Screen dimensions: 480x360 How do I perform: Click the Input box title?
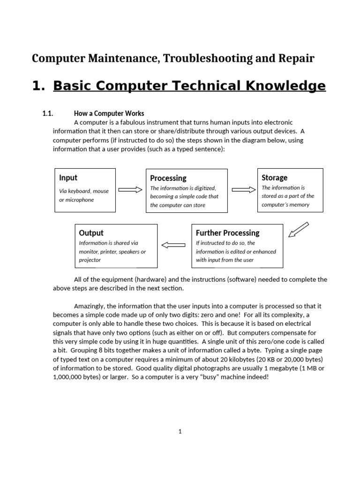pyautogui.click(x=68, y=178)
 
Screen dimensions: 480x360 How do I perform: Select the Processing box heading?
pyautogui.click(x=168, y=178)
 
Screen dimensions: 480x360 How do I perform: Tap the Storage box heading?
pyautogui.click(x=274, y=178)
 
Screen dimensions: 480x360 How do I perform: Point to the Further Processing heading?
pyautogui.click(x=227, y=233)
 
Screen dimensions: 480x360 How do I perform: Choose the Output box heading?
pyautogui.click(x=91, y=233)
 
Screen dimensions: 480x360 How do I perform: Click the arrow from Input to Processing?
pyautogui.click(x=130, y=190)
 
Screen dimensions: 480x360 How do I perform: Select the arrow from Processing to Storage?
pyautogui.click(x=243, y=190)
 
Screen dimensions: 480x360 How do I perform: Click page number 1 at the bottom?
pyautogui.click(x=180, y=432)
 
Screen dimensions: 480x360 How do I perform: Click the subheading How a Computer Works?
pyautogui.click(x=109, y=113)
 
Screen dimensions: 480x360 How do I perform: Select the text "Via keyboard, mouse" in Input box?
pyautogui.click(x=84, y=191)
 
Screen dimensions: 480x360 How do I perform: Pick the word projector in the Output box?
pyautogui.click(x=90, y=260)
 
